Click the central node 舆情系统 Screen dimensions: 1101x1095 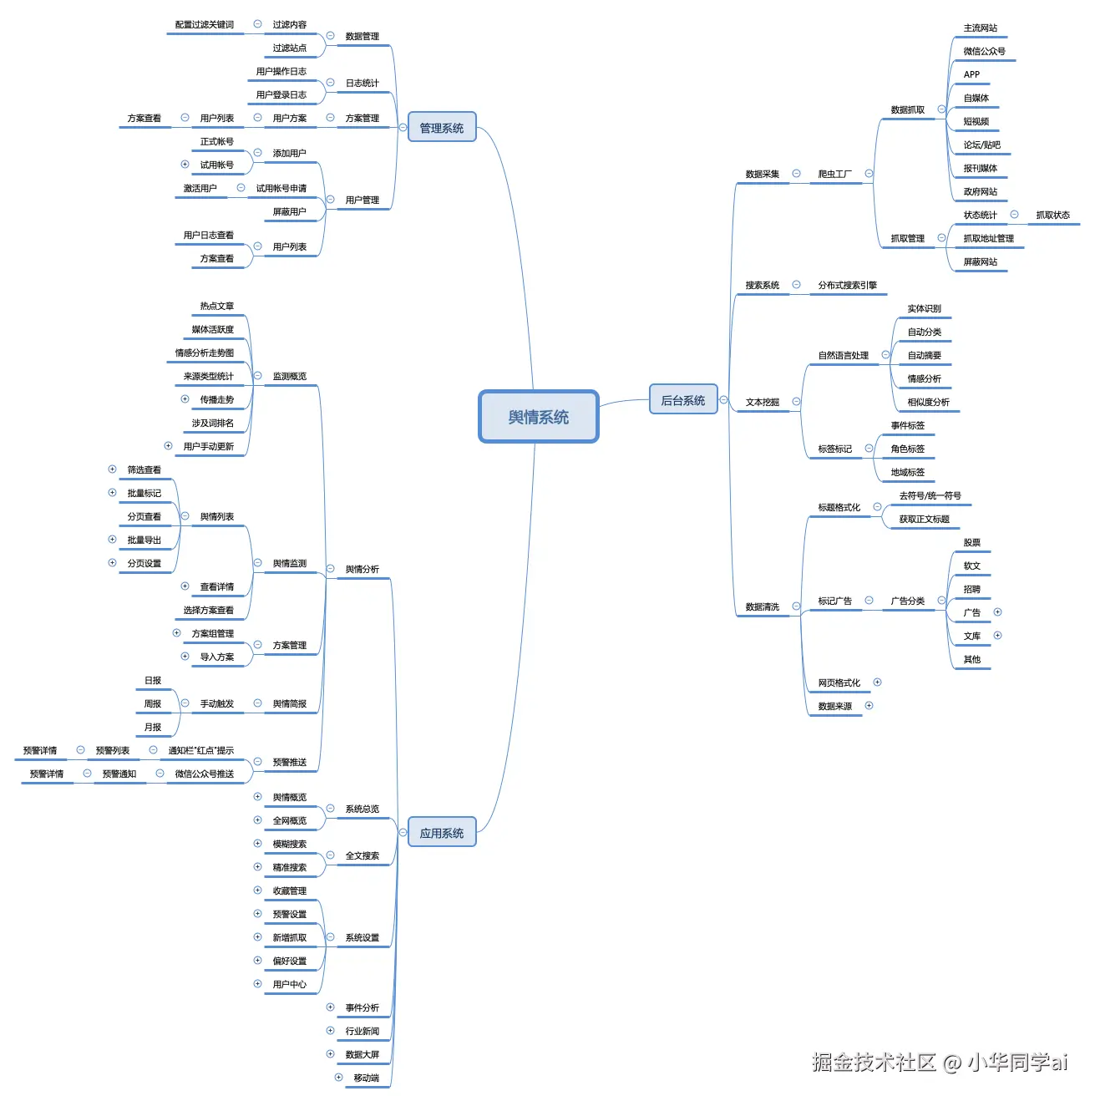click(x=538, y=417)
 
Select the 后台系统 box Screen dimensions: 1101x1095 click(x=682, y=400)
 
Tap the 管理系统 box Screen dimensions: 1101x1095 click(x=441, y=128)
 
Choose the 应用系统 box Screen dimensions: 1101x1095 click(x=441, y=833)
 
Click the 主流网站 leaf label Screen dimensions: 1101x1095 click(x=980, y=28)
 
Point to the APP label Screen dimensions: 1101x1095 click(x=971, y=74)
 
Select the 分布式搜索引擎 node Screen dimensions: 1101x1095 click(x=847, y=285)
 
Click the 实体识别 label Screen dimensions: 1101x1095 click(x=924, y=308)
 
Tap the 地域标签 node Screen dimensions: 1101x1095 click(x=907, y=472)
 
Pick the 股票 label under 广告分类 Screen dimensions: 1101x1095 click(x=971, y=542)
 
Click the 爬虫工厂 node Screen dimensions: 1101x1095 click(x=834, y=174)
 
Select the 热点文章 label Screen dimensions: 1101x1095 click(x=216, y=306)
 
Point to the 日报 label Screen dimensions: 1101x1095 click(x=152, y=680)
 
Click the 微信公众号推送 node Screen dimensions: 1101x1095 click(x=204, y=774)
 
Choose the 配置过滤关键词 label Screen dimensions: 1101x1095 click(x=204, y=24)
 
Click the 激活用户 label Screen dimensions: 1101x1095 click(x=200, y=188)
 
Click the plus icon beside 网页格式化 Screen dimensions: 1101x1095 click(x=877, y=682)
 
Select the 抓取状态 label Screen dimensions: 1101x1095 click(x=1052, y=215)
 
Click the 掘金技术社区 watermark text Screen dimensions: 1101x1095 click(x=873, y=1062)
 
